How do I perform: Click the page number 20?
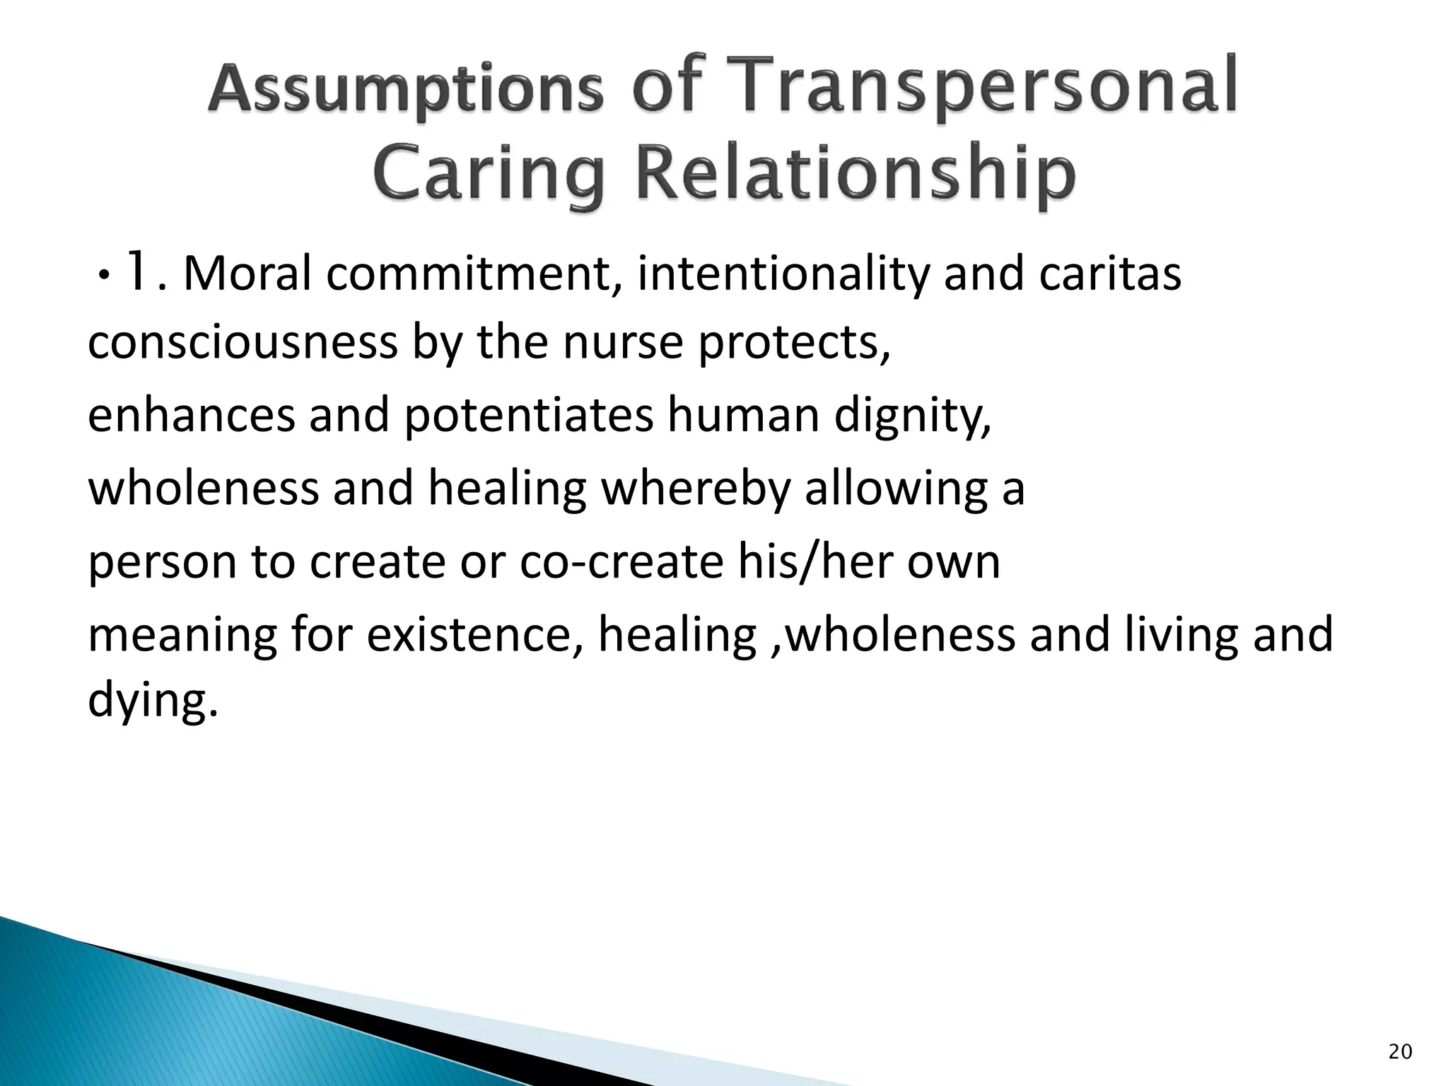[x=1400, y=1052]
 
